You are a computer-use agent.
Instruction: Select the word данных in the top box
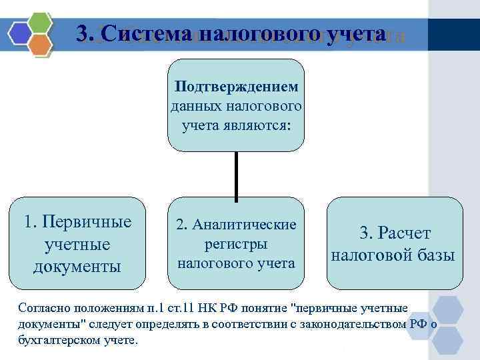pos(193,106)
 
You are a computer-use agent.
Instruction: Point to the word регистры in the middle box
pos(236,243)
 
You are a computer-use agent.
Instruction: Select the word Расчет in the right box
pos(405,233)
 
